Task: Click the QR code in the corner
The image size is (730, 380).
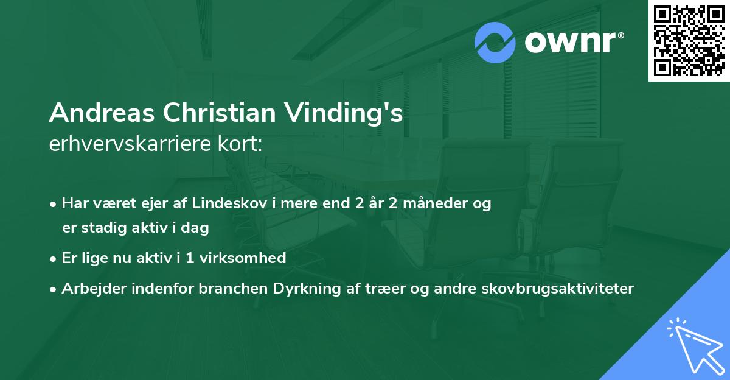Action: coord(689,41)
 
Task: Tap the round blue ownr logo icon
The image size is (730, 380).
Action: coord(495,43)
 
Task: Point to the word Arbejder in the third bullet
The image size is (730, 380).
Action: coord(91,288)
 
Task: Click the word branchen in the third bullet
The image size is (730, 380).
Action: coord(226,288)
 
